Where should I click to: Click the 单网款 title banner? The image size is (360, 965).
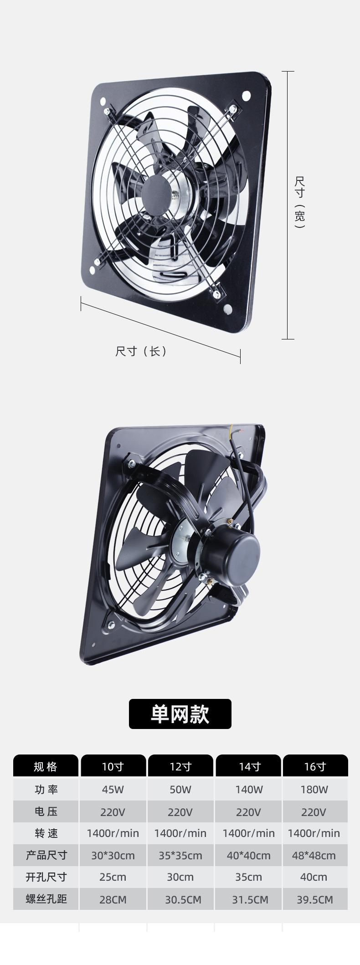[x=180, y=714]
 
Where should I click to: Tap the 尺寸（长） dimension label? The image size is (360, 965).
[x=141, y=351]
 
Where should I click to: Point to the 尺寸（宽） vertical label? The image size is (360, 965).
[x=299, y=202]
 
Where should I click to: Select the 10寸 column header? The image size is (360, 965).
[x=113, y=767]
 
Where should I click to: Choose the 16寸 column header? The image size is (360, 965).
[x=315, y=767]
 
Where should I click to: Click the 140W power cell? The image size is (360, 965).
[x=249, y=790]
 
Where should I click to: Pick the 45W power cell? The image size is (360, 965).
[x=113, y=790]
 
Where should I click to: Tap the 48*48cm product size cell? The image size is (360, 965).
[x=314, y=855]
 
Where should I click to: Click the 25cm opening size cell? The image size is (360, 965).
[x=113, y=877]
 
